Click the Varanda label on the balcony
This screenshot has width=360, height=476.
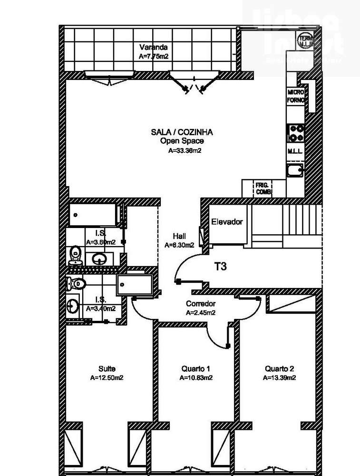[x=153, y=48]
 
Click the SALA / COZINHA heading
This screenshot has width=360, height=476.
[x=182, y=132]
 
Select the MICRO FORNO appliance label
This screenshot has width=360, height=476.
[x=295, y=96]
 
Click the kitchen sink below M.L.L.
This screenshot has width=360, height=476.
[x=295, y=170]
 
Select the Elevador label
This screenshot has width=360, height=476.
[x=227, y=222]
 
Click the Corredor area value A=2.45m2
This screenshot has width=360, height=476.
[x=201, y=313]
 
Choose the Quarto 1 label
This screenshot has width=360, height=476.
[x=195, y=369]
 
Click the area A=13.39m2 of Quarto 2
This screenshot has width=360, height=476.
[x=280, y=378]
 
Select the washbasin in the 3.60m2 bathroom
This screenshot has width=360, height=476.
[x=99, y=259]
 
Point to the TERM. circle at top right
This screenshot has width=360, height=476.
[x=305, y=40]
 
